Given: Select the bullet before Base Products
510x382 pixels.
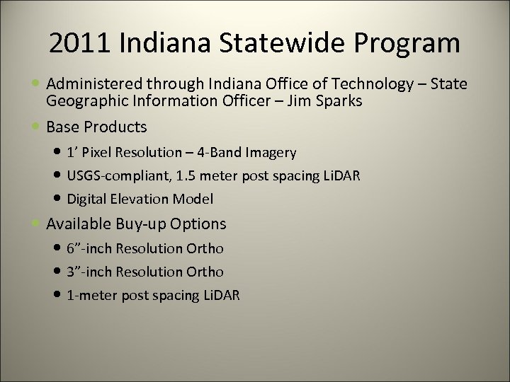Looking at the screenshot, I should click(x=37, y=127).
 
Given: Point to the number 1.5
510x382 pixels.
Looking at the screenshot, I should click(x=187, y=175).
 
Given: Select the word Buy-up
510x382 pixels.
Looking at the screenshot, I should click(x=136, y=224).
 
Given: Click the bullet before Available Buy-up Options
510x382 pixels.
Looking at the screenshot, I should click(x=37, y=224).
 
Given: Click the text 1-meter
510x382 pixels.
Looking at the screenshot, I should click(x=91, y=296).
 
